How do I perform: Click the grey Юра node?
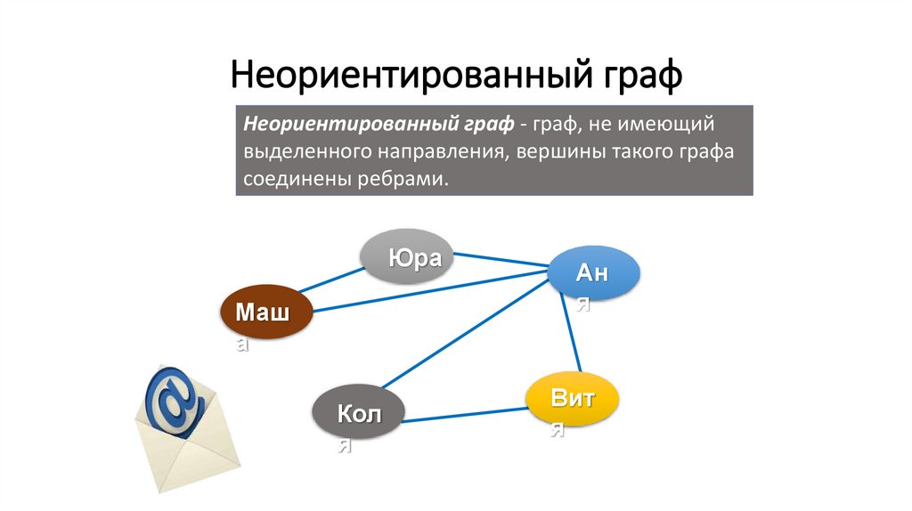pos(406,257)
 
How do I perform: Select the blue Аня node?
pos(594,273)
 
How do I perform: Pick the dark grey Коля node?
pos(358,412)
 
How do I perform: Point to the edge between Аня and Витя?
pos(570,334)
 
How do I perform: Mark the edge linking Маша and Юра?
pos(330,279)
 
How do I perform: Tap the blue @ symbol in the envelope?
pos(175,401)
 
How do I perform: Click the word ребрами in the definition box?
pos(401,179)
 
